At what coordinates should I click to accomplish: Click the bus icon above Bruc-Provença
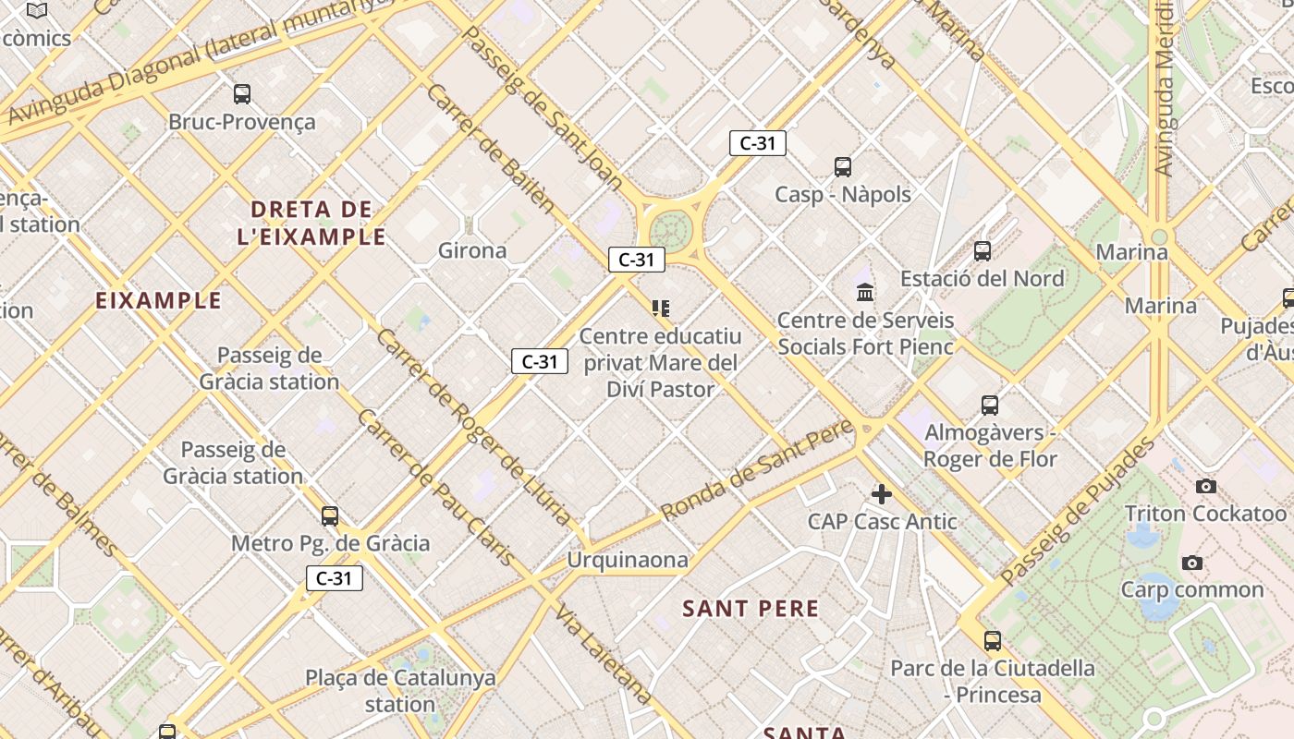pos(241,93)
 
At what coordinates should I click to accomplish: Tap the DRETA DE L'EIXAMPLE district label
pos(311,223)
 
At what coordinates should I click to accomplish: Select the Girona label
pos(472,250)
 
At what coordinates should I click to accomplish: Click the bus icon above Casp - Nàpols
pos(842,167)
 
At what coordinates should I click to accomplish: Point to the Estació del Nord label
pos(982,278)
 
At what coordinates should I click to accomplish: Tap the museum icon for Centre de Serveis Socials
pos(865,293)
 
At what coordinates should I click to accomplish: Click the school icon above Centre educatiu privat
pos(660,308)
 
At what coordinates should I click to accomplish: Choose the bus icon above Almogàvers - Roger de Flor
pos(989,405)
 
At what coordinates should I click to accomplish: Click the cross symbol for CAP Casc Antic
pos(882,494)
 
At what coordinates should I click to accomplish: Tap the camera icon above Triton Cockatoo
pos(1205,486)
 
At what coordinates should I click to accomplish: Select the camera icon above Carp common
pos(1192,563)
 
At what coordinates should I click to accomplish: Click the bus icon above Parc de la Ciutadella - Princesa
pos(992,640)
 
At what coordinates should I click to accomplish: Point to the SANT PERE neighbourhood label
pos(751,608)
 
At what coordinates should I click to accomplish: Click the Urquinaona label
pos(628,560)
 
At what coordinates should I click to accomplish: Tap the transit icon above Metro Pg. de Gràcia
pos(330,516)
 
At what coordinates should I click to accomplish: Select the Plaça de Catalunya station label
pos(400,690)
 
